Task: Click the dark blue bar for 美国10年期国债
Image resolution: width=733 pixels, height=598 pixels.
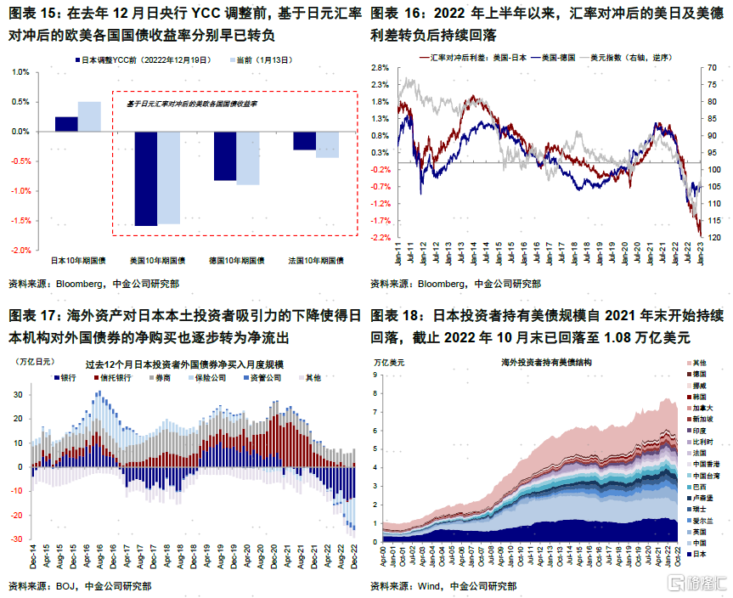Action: tap(146, 178)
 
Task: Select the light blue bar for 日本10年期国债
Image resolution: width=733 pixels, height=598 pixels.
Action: tap(89, 116)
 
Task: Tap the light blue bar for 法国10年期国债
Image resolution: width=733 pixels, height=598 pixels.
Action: tap(327, 144)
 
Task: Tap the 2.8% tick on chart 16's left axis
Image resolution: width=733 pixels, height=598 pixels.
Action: tap(379, 67)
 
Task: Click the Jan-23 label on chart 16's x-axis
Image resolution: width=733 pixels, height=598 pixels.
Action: tap(699, 252)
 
